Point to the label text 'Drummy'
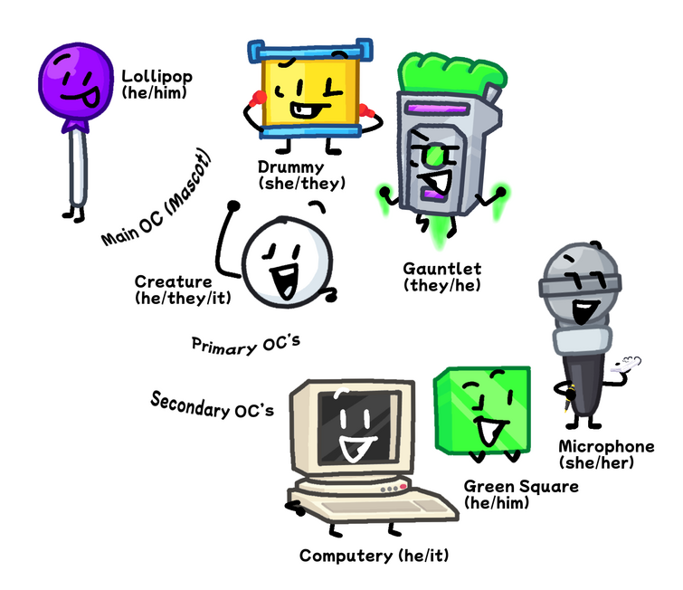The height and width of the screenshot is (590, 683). pyautogui.click(x=289, y=167)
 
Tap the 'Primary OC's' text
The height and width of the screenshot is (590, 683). pyautogui.click(x=243, y=343)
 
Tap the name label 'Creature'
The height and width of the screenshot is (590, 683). pyautogui.click(x=173, y=281)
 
